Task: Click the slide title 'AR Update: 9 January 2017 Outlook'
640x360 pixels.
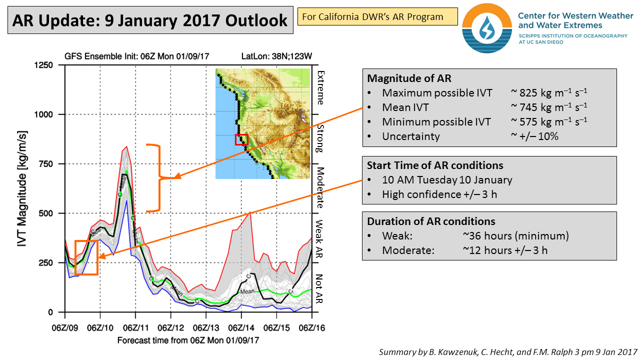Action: [x=149, y=20]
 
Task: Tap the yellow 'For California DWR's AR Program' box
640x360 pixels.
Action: [x=377, y=16]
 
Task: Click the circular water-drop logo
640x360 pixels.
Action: [x=486, y=28]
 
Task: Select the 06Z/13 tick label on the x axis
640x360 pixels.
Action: [x=206, y=328]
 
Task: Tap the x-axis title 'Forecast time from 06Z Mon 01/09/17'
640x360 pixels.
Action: [x=188, y=340]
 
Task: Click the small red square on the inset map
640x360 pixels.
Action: [x=241, y=139]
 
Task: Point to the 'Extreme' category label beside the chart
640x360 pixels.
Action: [x=320, y=88]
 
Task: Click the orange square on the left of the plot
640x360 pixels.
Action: [x=86, y=257]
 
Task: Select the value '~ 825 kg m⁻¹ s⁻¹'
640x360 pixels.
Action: [x=549, y=93]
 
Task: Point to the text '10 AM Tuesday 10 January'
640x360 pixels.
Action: [x=447, y=180]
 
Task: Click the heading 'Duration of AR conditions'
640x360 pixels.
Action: [x=431, y=221]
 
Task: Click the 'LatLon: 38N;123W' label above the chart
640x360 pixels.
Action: [x=274, y=55]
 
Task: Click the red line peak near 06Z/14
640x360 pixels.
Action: [x=250, y=213]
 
